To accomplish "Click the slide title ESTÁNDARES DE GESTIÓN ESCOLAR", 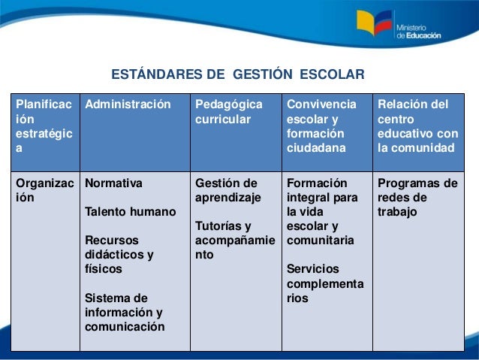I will point(237,75).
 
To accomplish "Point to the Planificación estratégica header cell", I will point(44,126).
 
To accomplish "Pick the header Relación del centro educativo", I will point(416,126).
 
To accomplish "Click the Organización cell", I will point(44,190).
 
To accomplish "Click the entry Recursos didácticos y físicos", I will point(120,254).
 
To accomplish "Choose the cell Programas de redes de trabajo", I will point(417,197).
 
